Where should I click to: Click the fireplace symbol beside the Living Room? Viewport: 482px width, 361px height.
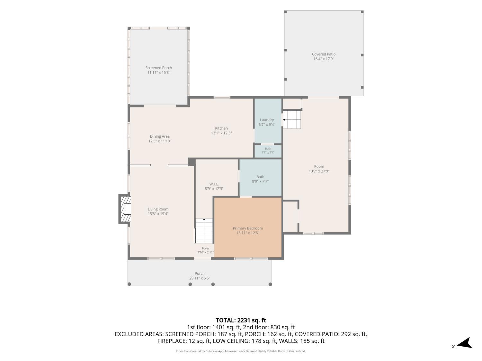(125, 209)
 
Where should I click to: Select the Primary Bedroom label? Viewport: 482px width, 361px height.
(248, 228)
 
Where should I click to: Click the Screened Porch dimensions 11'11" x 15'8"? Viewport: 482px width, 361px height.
(158, 72)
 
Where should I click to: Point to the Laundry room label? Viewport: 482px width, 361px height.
(267, 120)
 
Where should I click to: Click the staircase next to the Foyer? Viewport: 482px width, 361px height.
(204, 231)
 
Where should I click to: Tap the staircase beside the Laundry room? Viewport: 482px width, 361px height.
(292, 120)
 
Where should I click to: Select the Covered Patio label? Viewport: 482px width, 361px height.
(324, 54)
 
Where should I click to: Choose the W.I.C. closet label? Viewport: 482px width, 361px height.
(214, 184)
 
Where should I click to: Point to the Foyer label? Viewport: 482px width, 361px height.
(205, 248)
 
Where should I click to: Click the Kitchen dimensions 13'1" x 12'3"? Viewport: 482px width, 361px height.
(221, 133)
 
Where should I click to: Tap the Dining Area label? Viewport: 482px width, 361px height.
(160, 136)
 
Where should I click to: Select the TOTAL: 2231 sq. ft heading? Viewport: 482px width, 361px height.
(241, 320)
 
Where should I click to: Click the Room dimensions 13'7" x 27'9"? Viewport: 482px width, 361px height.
(319, 171)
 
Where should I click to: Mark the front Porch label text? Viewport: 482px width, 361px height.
(200, 273)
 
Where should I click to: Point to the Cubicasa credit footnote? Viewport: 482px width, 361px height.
(241, 351)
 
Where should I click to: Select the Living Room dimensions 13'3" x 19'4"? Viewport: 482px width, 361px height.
(158, 214)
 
